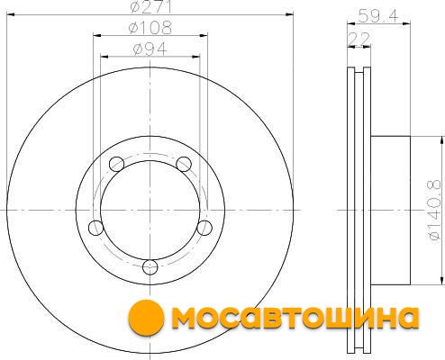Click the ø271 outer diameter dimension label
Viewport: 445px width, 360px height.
(x=150, y=6)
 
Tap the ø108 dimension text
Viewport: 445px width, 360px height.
(x=150, y=28)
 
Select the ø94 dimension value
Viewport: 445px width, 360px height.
(x=150, y=49)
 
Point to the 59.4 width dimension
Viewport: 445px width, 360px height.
(x=378, y=15)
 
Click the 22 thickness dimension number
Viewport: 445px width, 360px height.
(x=359, y=39)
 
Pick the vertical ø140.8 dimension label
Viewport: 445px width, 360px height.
(x=435, y=210)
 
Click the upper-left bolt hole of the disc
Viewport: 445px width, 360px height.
(x=116, y=164)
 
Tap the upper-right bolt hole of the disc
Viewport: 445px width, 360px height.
(x=184, y=164)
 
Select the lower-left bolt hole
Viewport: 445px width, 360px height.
(x=96, y=228)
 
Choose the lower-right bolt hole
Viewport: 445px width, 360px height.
(x=204, y=228)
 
